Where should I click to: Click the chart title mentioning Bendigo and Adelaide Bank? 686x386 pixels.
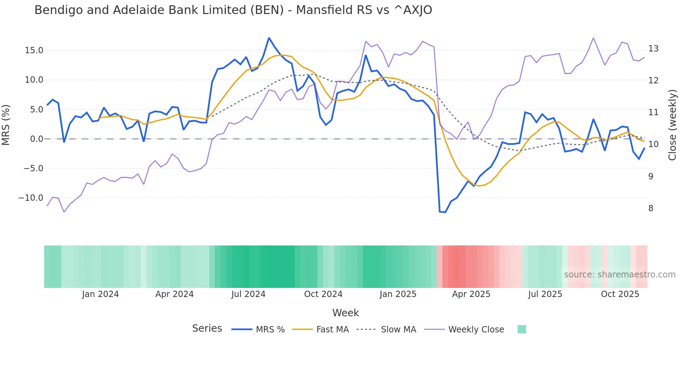233,10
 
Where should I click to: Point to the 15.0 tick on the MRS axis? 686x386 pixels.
34,50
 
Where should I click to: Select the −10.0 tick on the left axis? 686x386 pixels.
31,198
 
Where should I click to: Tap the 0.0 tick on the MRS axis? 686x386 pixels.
36,139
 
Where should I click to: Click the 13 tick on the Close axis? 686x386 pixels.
653,49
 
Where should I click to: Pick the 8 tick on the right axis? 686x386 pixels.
651,208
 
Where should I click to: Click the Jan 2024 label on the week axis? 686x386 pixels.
100,294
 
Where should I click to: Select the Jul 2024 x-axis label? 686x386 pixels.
248,294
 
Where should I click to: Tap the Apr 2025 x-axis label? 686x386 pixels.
471,294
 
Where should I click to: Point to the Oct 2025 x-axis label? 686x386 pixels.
620,294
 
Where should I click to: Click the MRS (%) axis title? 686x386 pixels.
6,125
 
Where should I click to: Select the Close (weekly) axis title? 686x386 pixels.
672,125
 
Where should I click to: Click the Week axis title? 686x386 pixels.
345,313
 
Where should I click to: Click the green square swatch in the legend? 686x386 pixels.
522,329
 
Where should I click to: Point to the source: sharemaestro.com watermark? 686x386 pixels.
619,275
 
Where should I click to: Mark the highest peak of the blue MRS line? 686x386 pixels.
269,38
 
